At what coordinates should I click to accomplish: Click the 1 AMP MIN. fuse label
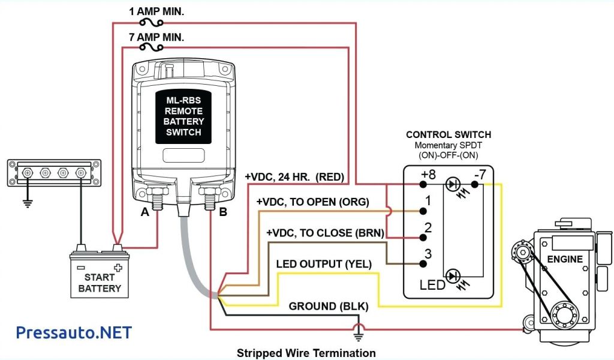(x=157, y=11)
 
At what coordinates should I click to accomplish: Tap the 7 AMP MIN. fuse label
(x=156, y=37)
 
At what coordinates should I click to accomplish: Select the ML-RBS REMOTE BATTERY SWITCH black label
(x=183, y=117)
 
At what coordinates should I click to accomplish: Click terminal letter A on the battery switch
(x=144, y=212)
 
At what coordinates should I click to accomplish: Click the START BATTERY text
(x=100, y=283)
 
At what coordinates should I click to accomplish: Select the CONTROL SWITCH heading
(x=448, y=135)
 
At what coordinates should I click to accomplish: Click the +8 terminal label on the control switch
(x=428, y=175)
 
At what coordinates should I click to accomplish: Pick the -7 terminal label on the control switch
(x=480, y=175)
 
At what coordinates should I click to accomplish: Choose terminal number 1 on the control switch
(x=428, y=200)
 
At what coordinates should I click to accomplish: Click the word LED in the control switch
(x=432, y=284)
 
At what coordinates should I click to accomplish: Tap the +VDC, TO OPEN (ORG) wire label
(x=312, y=202)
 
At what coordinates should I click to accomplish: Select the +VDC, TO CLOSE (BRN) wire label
(x=325, y=233)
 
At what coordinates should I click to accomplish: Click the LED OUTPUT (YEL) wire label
(x=324, y=264)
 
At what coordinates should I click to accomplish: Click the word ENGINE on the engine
(x=564, y=259)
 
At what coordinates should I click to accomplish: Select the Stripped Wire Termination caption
(x=306, y=352)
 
